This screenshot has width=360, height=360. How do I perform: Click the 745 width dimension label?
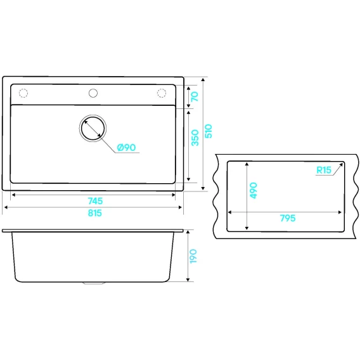click(95, 201)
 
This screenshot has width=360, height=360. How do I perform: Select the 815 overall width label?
click(95, 213)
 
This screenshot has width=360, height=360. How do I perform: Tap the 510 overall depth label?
click(209, 131)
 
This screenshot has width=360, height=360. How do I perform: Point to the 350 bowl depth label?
click(195, 138)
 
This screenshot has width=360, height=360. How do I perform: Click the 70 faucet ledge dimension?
click(195, 96)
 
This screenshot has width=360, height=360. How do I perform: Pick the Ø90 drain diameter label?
click(126, 148)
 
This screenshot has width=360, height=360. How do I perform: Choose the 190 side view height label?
click(193, 256)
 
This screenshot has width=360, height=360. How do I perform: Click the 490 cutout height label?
click(254, 190)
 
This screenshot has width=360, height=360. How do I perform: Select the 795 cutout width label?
click(288, 218)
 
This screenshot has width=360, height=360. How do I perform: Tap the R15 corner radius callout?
click(324, 170)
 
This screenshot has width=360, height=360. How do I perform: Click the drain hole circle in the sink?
click(93, 128)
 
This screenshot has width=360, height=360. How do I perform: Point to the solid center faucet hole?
click(93, 93)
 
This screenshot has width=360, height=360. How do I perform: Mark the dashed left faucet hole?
click(23, 93)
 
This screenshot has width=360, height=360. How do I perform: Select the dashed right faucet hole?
click(162, 93)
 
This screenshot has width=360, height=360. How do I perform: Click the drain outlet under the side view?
click(93, 283)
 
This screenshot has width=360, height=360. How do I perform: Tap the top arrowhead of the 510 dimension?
click(203, 80)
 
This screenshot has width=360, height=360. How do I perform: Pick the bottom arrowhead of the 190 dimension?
click(188, 280)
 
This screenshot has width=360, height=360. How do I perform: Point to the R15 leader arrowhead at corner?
click(341, 164)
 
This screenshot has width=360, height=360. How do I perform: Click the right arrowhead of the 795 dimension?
click(340, 212)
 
